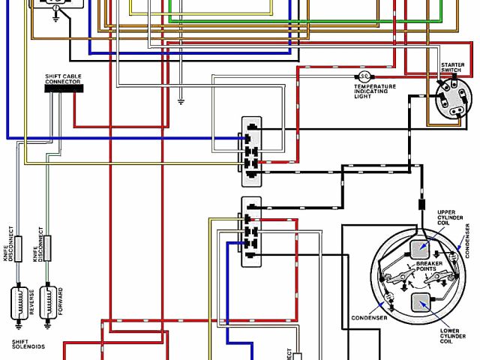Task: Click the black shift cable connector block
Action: pyautogui.click(x=63, y=88)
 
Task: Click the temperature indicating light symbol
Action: pyautogui.click(x=364, y=76)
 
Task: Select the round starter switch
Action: pyautogui.click(x=454, y=100)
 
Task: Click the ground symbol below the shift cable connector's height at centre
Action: pyautogui.click(x=180, y=100)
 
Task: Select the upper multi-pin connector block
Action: pyautogui.click(x=250, y=150)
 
